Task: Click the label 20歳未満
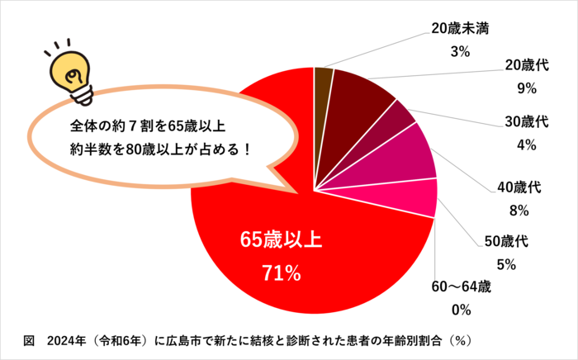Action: point(460,28)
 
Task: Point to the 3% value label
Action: point(460,51)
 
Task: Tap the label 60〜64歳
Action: point(461,287)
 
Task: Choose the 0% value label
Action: point(461,310)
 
